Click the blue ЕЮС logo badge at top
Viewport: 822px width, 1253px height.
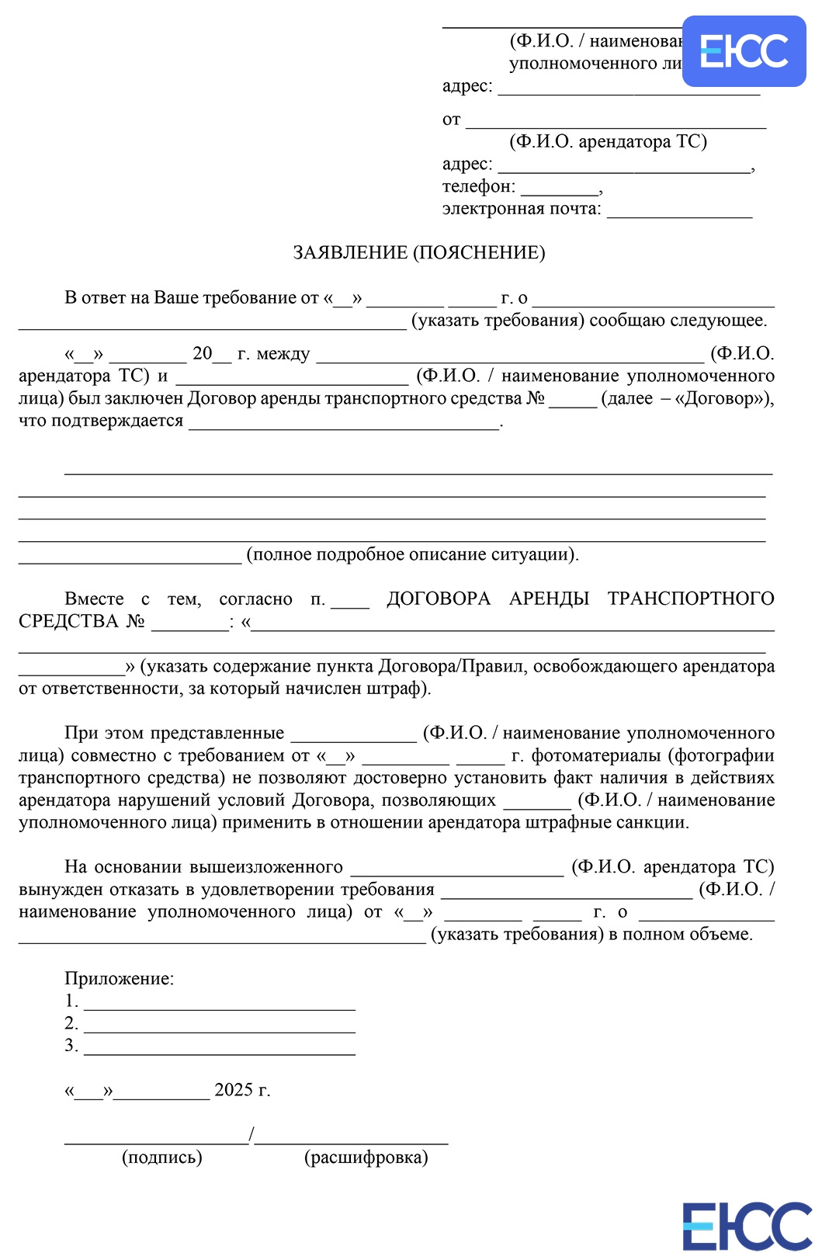pyautogui.click(x=744, y=51)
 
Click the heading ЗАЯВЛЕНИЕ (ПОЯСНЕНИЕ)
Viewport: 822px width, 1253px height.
pyautogui.click(x=418, y=253)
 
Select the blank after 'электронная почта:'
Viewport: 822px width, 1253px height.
pyautogui.click(x=679, y=211)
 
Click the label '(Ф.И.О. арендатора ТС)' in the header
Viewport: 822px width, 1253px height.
pyautogui.click(x=608, y=142)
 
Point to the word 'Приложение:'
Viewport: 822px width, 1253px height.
pyautogui.click(x=119, y=979)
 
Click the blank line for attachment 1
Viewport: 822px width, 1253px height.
pyautogui.click(x=219, y=1004)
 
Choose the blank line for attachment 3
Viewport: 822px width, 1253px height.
pyautogui.click(x=219, y=1049)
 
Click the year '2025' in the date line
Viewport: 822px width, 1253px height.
pyautogui.click(x=234, y=1090)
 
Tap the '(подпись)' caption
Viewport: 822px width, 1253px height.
pyautogui.click(x=161, y=1158)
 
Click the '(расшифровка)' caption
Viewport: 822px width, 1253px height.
pyautogui.click(x=366, y=1158)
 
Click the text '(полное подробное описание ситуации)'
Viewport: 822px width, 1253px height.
pyautogui.click(x=412, y=554)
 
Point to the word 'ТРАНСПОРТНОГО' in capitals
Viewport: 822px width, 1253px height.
pyautogui.click(x=690, y=599)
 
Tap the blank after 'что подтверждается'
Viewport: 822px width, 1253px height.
pyautogui.click(x=343, y=424)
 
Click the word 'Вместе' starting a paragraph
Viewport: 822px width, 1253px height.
pyautogui.click(x=94, y=599)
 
